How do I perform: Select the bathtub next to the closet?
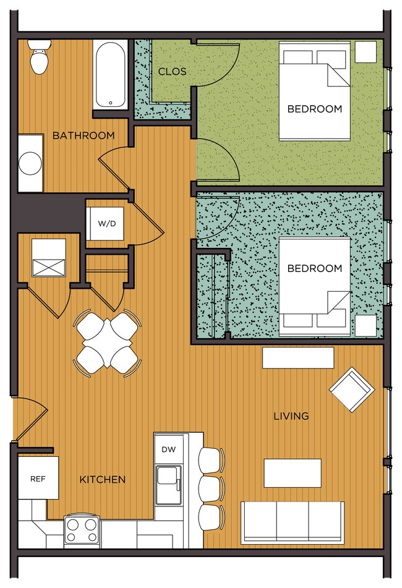coord(110,75)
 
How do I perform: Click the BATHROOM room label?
coord(83,135)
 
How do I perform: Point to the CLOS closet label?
coord(172,71)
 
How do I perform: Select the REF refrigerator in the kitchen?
coord(38,478)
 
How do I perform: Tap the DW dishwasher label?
coord(168,450)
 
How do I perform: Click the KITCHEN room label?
coord(103,479)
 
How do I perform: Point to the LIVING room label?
coord(291,416)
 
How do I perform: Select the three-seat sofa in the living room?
coord(293,522)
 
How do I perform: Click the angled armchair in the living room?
coord(352,390)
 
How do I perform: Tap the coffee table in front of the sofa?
coord(293,473)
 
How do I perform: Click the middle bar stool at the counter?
coord(211,488)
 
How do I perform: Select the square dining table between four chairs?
coord(107,343)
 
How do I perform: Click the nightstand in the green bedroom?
coord(366,52)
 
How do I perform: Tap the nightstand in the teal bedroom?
coord(366,325)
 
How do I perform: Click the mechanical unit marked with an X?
coord(49,258)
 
